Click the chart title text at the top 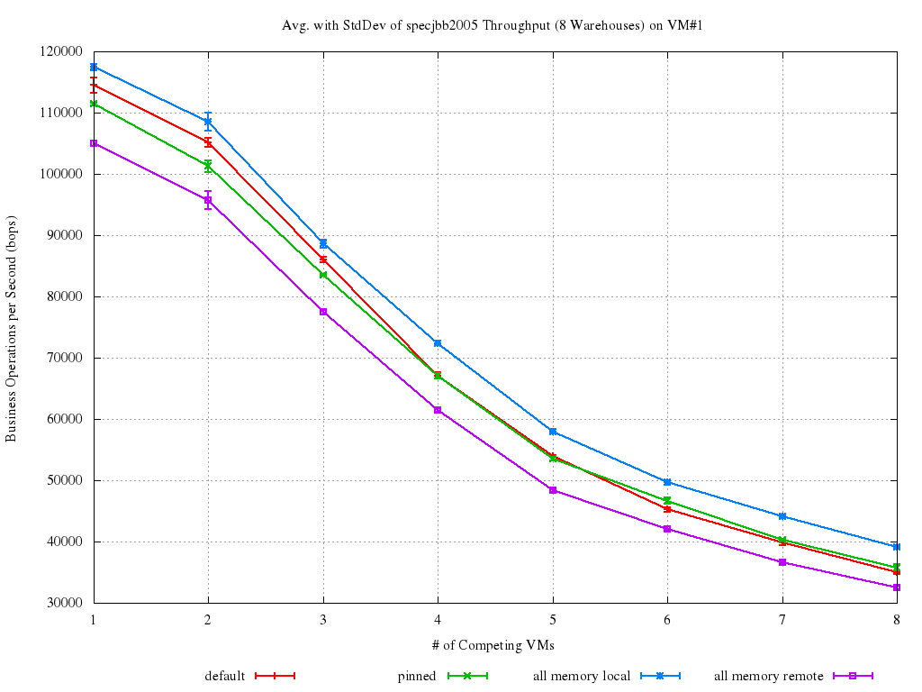(493, 25)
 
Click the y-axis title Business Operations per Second (12, 328)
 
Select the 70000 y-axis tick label (68, 359)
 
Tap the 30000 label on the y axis (68, 604)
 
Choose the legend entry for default (224, 676)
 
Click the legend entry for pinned (417, 676)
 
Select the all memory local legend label (582, 676)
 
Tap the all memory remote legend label (769, 676)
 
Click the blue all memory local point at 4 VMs (438, 343)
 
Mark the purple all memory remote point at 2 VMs (208, 200)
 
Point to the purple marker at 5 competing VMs (552, 490)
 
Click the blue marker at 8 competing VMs (896, 547)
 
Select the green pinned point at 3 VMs (323, 275)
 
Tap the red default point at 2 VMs (208, 142)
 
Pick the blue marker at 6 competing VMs (667, 482)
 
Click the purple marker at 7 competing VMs (782, 562)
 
